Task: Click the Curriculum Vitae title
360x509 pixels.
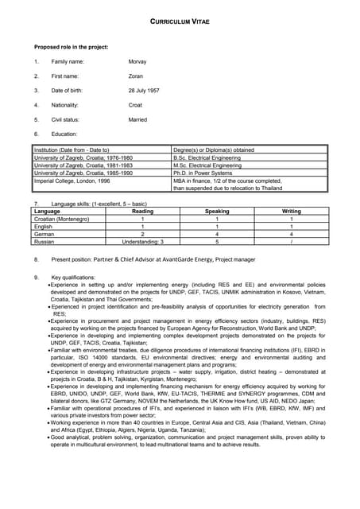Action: tap(180, 23)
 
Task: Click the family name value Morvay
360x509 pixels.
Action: tap(137, 61)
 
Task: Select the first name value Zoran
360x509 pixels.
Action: tap(136, 76)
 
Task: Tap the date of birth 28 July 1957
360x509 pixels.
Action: tap(144, 91)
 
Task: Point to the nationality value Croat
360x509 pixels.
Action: tap(135, 105)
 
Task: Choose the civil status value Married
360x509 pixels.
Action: tap(137, 119)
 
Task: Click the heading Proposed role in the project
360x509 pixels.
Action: tap(71, 47)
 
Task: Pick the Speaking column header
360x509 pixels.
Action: tap(217, 212)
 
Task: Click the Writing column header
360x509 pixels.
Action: tap(292, 212)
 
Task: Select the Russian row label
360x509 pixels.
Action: tap(44, 241)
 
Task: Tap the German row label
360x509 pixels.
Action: tap(44, 234)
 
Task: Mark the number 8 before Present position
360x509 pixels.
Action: tap(36, 259)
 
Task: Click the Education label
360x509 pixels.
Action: tap(64, 134)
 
